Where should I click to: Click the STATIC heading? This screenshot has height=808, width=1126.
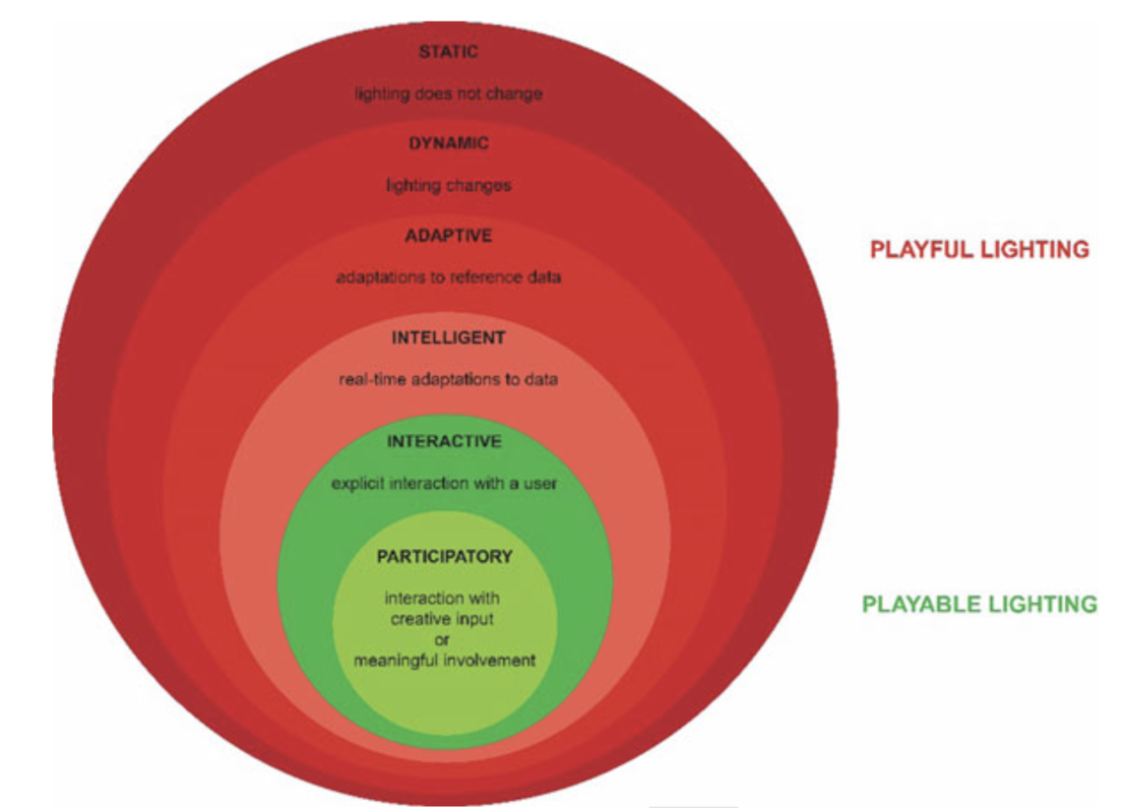pyautogui.click(x=449, y=51)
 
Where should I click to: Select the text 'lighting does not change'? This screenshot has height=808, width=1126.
pyautogui.click(x=449, y=94)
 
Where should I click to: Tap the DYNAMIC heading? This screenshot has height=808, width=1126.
pyautogui.click(x=449, y=144)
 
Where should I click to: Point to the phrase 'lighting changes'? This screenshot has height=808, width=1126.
pyautogui.click(x=449, y=185)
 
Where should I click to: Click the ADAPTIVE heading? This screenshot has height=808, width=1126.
pyautogui.click(x=449, y=236)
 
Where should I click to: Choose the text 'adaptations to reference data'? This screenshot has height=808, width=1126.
pyautogui.click(x=449, y=278)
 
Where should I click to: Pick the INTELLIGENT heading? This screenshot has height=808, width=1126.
pyautogui.click(x=449, y=338)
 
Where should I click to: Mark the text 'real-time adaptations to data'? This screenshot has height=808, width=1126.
pyautogui.click(x=449, y=379)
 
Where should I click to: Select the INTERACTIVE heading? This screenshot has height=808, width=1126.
pyautogui.click(x=444, y=441)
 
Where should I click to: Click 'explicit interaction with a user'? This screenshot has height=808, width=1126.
pyautogui.click(x=444, y=483)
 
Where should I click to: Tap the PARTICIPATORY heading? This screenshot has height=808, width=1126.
pyautogui.click(x=445, y=557)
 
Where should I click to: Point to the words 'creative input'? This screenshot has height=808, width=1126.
pyautogui.click(x=443, y=619)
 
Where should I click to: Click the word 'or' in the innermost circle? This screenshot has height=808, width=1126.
pyautogui.click(x=443, y=640)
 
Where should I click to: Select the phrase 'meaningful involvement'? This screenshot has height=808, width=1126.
pyautogui.click(x=445, y=660)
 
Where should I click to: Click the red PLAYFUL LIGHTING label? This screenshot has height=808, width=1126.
pyautogui.click(x=979, y=250)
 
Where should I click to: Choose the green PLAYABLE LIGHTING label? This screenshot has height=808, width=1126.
pyautogui.click(x=979, y=604)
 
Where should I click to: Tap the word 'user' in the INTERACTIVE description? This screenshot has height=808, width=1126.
pyautogui.click(x=539, y=483)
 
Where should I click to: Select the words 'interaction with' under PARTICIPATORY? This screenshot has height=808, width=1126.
pyautogui.click(x=443, y=598)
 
